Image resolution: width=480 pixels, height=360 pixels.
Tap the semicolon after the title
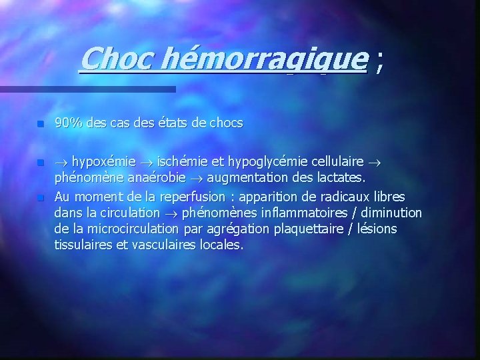coord(379,63)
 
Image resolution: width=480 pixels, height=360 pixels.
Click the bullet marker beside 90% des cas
coord(40,124)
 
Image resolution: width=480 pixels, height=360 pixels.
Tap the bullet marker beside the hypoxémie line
coord(40,162)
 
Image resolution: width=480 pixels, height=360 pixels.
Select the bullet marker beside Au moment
coord(40,197)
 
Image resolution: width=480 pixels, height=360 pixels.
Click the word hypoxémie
coord(103,161)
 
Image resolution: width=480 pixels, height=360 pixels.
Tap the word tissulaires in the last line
coord(82,245)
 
